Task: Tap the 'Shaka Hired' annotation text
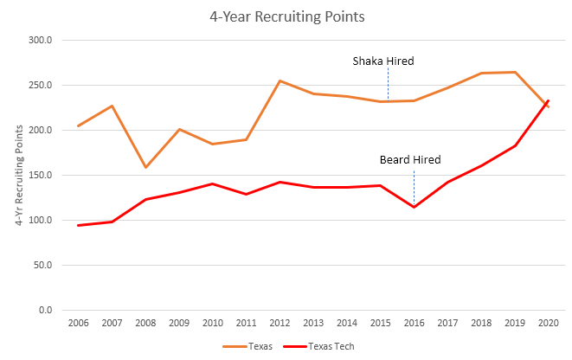pyautogui.click(x=382, y=61)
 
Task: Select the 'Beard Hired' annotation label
pyautogui.click(x=410, y=159)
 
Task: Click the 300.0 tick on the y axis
pyautogui.click(x=40, y=40)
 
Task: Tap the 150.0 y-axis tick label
pyautogui.click(x=40, y=175)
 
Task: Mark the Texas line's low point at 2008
pyautogui.click(x=145, y=167)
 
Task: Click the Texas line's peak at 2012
pyautogui.click(x=280, y=80)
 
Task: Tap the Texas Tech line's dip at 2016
pyautogui.click(x=414, y=207)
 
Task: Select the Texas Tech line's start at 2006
pyautogui.click(x=78, y=225)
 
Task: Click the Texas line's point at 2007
pyautogui.click(x=112, y=106)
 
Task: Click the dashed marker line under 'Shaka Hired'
pyautogui.click(x=388, y=85)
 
